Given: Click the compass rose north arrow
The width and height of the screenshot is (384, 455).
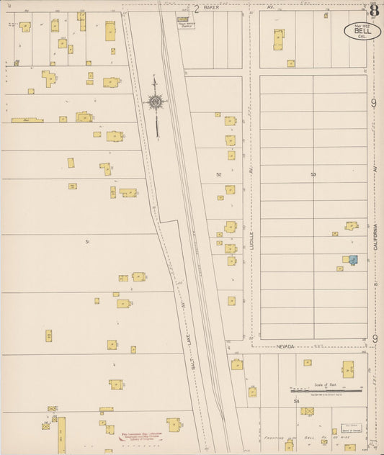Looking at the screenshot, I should coord(156,103).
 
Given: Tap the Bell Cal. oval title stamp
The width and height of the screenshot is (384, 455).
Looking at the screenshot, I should coord(358,30).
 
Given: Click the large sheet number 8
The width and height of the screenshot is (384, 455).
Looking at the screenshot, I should coord(375,10).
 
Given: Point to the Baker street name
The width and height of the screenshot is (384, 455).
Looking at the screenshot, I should coord(210,7).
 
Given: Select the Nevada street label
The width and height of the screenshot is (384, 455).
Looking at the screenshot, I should coord(286,346).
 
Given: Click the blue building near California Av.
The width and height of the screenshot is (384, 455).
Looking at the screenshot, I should coord(354,259).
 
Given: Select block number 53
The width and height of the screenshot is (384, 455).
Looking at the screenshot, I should coord(313,174).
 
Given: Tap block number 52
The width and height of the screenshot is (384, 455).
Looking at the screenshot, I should coord(218,174).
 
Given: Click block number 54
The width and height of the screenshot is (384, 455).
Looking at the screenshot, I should coord(296,400).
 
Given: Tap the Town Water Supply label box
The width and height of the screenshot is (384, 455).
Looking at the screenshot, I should coord(187,22).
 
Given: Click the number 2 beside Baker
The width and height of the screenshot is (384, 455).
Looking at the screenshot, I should coord(197,8).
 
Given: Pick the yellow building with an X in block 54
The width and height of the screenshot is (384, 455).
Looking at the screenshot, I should coord(308,411).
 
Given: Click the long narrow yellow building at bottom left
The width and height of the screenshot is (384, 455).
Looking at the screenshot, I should coord(62,434).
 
